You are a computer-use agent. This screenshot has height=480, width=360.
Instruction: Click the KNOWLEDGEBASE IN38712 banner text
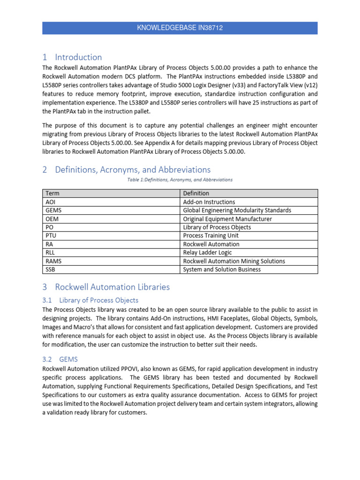pyautogui.click(x=180, y=28)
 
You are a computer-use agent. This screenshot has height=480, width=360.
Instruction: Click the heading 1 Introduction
pyautogui.click(x=72, y=57)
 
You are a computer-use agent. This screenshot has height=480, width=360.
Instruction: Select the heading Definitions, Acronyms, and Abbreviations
pyautogui.click(x=126, y=170)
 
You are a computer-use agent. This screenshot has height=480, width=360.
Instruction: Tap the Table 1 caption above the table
pyautogui.click(x=180, y=180)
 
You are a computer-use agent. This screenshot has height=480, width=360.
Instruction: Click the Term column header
pyautogui.click(x=52, y=193)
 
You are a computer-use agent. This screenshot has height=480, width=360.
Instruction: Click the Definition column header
pyautogui.click(x=196, y=193)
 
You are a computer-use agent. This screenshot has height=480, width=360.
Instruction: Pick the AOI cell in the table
pyautogui.click(x=50, y=202)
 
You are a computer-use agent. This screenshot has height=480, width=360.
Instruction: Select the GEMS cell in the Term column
pyautogui.click(x=53, y=210)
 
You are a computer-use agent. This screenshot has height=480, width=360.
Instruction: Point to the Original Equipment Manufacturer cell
pyautogui.click(x=227, y=219)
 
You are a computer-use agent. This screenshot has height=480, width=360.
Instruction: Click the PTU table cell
pyautogui.click(x=51, y=236)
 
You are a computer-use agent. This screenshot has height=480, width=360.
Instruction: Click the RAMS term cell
pyautogui.click(x=53, y=261)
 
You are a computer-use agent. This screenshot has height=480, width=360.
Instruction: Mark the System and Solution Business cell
pyautogui.click(x=222, y=270)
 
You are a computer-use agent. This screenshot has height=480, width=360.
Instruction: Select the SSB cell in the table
pyautogui.click(x=51, y=270)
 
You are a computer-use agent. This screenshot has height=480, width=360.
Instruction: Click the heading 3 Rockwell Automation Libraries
pyautogui.click(x=106, y=287)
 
